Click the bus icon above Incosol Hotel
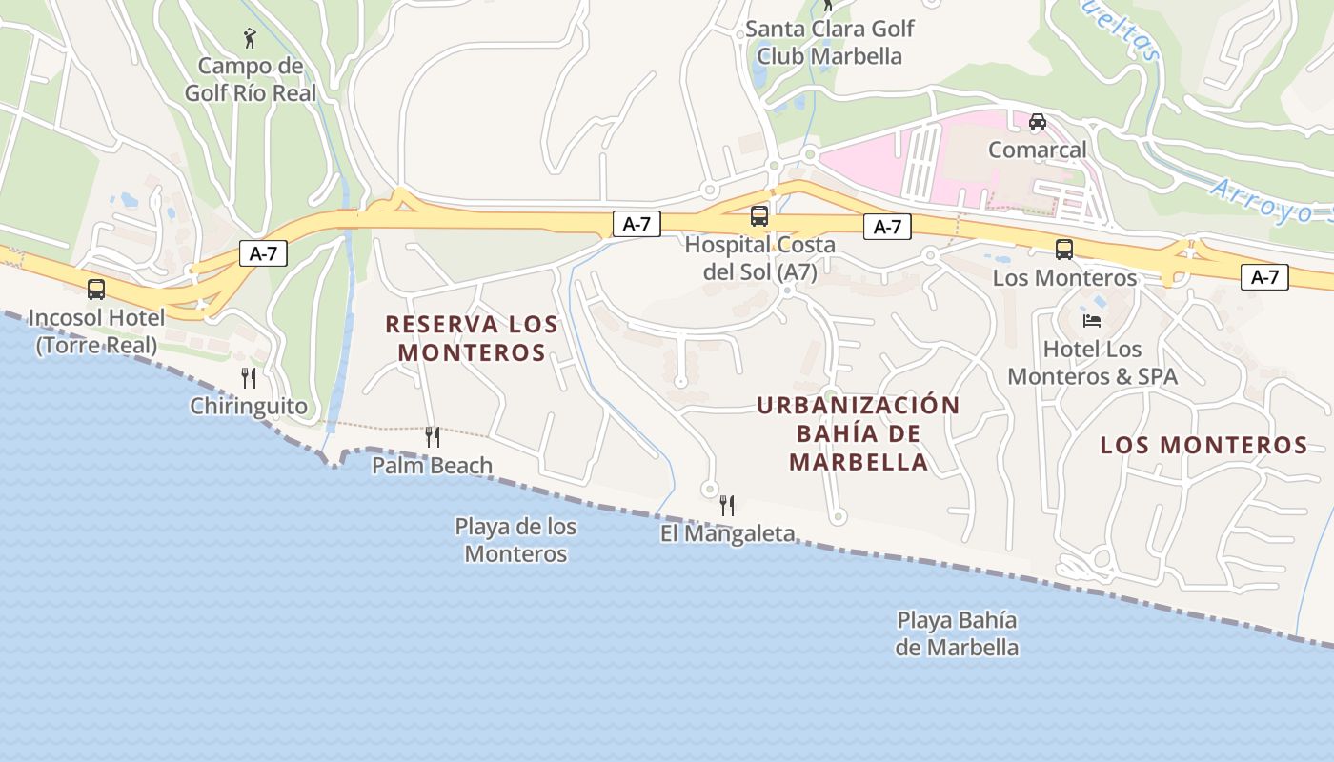click(x=96, y=290)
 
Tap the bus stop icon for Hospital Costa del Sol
click(x=759, y=216)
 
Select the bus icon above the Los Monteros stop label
click(x=1064, y=250)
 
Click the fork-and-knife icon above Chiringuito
click(x=249, y=378)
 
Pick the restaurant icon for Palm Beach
click(x=433, y=437)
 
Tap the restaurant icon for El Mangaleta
click(x=727, y=505)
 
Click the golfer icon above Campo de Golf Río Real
click(x=250, y=38)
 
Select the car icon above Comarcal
click(x=1038, y=122)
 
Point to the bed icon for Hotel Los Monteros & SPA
click(x=1092, y=320)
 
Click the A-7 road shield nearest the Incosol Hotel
click(x=263, y=253)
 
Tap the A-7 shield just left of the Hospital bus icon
click(x=637, y=225)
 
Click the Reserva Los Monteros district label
click(x=472, y=338)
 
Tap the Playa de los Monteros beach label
click(x=515, y=539)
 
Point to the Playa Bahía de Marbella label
click(x=957, y=633)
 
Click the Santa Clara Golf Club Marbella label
click(x=830, y=42)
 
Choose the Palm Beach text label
click(x=433, y=466)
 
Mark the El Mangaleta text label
click(x=727, y=533)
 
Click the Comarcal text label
click(x=1037, y=150)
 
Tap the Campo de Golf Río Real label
click(x=250, y=79)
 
